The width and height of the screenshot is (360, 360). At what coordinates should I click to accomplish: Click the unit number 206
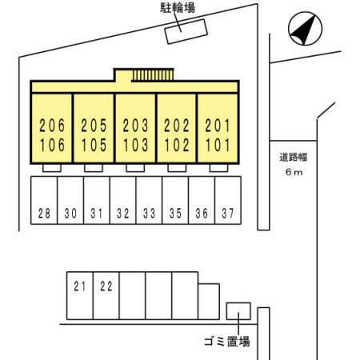52,126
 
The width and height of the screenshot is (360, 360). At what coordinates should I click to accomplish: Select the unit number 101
218,146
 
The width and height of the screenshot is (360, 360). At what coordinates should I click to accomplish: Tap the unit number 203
135,126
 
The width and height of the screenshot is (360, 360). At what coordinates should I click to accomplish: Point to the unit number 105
94,146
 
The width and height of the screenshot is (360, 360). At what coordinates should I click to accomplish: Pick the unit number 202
177,126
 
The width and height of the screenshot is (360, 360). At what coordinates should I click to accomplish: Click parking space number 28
44,214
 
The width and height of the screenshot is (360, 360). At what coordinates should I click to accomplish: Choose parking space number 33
149,214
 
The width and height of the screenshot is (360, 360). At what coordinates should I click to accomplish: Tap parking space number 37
228,214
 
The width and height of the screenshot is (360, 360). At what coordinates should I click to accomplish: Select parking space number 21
80,286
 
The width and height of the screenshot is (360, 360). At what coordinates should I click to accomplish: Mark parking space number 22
106,286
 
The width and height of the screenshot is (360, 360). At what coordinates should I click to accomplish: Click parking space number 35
175,214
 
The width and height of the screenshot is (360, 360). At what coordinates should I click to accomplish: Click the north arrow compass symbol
306,29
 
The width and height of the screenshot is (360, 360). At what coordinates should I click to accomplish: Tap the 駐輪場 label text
178,7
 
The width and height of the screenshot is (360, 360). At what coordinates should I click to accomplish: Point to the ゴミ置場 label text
227,342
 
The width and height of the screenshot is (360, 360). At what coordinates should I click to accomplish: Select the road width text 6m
294,172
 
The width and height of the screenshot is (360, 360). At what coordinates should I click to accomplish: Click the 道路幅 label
294,158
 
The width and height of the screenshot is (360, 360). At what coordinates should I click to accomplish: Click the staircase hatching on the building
153,75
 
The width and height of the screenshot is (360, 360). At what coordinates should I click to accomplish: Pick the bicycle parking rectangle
186,31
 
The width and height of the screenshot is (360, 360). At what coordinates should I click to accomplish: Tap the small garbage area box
238,311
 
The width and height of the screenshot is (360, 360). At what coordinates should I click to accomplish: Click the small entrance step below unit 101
218,168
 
